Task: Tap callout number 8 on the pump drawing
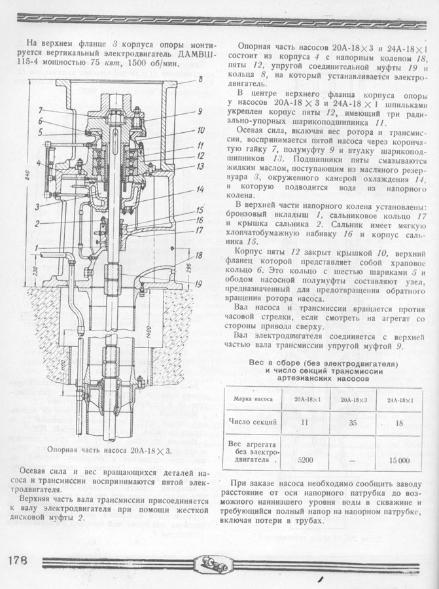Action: (200, 80)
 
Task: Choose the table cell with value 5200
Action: (305, 459)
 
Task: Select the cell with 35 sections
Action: (352, 423)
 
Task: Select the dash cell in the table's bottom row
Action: (352, 459)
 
